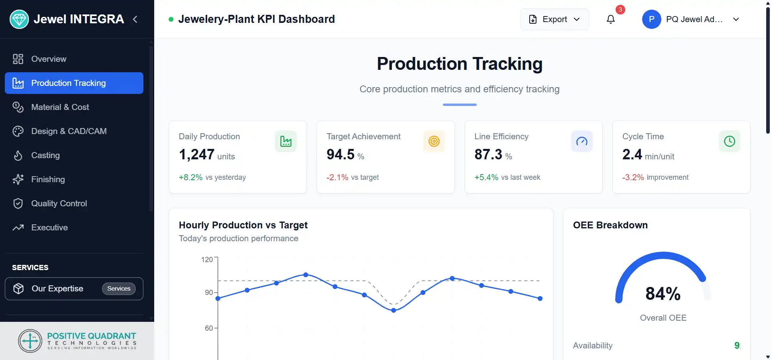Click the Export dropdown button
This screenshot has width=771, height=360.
(554, 19)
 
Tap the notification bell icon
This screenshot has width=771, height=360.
(610, 19)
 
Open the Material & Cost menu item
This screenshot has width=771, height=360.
(60, 107)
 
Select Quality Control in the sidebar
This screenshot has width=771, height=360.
(59, 203)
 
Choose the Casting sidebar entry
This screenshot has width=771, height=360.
(45, 155)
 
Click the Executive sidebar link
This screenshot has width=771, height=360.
(49, 228)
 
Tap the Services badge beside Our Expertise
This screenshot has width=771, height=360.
(119, 289)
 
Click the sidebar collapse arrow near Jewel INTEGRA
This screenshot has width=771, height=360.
(135, 19)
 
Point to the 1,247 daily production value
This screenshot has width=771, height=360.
(197, 155)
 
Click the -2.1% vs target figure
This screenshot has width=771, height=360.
(337, 177)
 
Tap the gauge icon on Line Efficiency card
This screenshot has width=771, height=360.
(581, 141)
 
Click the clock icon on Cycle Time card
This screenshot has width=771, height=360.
(729, 141)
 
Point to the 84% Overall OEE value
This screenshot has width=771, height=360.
(663, 294)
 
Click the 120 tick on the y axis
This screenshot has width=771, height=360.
(207, 260)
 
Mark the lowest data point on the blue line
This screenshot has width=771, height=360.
(394, 310)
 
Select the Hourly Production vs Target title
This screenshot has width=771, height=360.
(243, 225)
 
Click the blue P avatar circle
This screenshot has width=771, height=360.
(651, 19)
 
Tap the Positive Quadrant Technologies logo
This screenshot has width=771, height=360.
(77, 341)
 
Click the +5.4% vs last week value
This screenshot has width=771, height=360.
(486, 177)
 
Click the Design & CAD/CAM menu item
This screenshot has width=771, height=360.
(69, 131)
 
